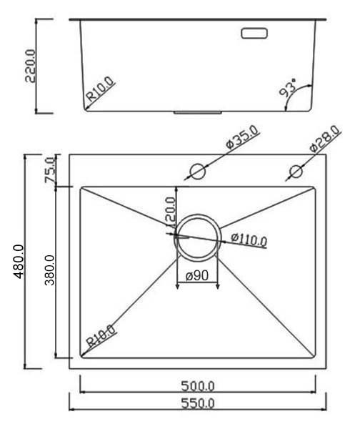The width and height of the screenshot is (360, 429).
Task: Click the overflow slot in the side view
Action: tap(254, 33)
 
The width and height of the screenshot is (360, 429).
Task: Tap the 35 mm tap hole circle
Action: tap(196, 172)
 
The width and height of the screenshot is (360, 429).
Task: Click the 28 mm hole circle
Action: tap(294, 172)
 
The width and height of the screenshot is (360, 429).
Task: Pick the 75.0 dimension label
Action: tap(50, 170)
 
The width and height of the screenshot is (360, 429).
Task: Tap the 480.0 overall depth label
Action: tap(19, 261)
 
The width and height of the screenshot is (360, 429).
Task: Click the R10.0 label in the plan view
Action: tap(101, 335)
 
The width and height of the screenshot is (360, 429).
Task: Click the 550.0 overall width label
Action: tap(197, 403)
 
